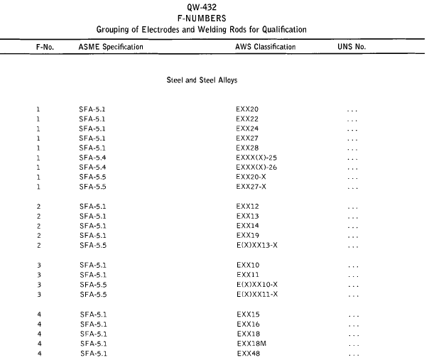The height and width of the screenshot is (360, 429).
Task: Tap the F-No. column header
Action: click(x=44, y=46)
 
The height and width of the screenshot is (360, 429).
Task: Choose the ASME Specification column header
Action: click(x=111, y=46)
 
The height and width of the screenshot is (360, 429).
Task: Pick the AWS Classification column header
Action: click(x=266, y=46)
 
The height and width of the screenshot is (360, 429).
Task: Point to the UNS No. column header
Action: click(x=353, y=46)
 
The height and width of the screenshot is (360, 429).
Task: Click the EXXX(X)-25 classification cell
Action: click(x=256, y=159)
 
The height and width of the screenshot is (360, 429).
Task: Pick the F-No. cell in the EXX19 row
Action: click(x=38, y=235)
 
